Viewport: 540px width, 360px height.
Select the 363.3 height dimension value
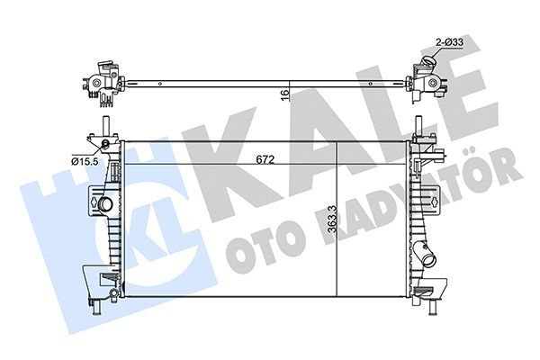click(x=332, y=220)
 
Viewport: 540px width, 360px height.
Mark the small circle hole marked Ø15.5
click(x=105, y=145)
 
